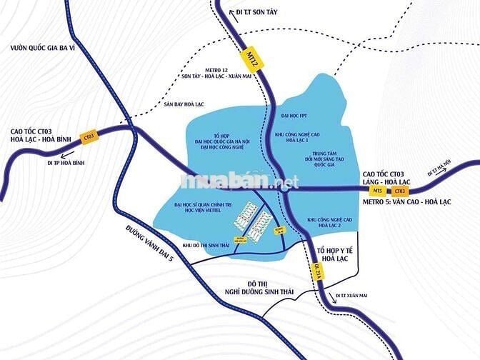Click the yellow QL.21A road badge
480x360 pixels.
[x=319, y=269]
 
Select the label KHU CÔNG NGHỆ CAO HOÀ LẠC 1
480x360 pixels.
[x=300, y=139]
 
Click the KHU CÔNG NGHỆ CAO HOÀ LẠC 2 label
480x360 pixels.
[x=329, y=222]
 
